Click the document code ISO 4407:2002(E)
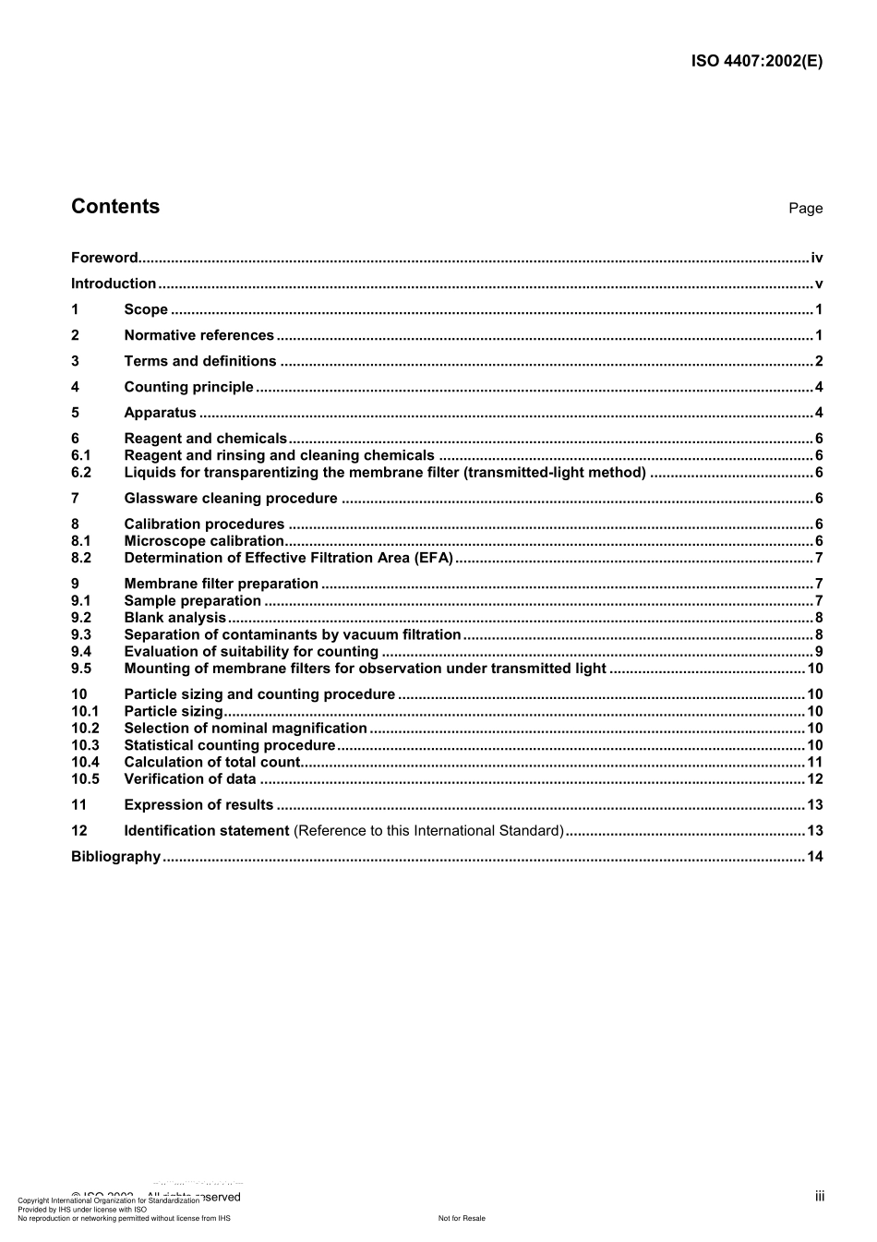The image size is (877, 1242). [x=756, y=62]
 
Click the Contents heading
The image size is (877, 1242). [x=115, y=207]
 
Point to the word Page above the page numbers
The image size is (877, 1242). [x=805, y=209]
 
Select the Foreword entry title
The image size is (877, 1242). [x=104, y=259]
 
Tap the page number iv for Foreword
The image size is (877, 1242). [x=816, y=259]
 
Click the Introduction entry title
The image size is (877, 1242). [x=114, y=284]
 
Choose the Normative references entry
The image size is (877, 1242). [x=198, y=336]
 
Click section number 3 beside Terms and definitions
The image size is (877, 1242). [x=76, y=362]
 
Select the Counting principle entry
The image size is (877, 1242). [x=188, y=388]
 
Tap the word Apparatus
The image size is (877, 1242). [x=160, y=414]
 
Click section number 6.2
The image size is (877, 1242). [x=81, y=473]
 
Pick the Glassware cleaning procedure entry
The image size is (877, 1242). [x=231, y=499]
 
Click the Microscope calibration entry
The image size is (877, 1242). [x=204, y=541]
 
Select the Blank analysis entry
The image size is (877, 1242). [x=174, y=618]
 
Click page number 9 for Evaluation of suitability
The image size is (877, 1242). [x=819, y=652]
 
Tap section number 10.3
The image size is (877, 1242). [x=85, y=745]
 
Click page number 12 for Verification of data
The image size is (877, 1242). [x=814, y=779]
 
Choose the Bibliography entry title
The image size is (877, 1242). [x=115, y=857]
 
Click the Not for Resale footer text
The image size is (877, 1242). [x=462, y=1218]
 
